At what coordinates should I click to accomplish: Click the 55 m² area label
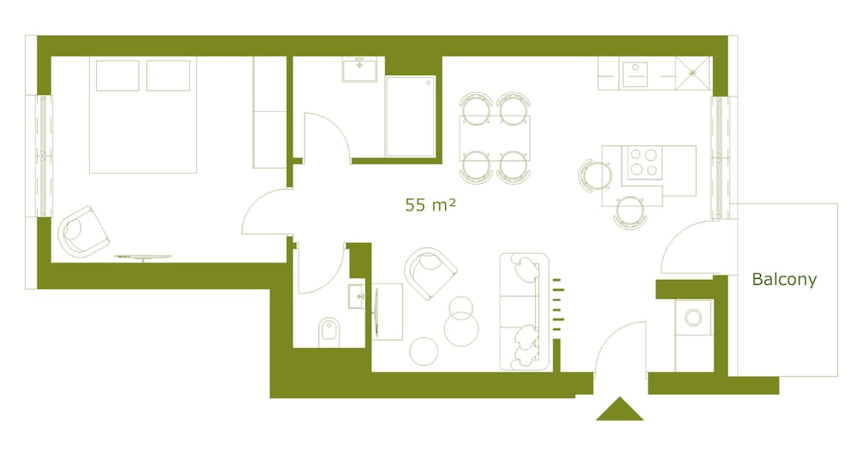[x=431, y=204]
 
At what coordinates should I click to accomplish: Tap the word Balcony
[x=784, y=280]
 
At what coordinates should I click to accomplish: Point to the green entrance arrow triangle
[x=620, y=409]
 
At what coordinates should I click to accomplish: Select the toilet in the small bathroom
[x=329, y=332]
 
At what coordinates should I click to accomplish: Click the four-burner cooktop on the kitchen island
[x=643, y=163]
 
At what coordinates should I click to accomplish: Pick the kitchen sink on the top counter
[x=635, y=74]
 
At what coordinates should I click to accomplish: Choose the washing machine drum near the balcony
[x=693, y=317]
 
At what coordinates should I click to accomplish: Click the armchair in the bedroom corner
[x=83, y=232]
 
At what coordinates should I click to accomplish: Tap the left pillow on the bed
[x=117, y=75]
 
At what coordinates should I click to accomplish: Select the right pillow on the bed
[x=168, y=75]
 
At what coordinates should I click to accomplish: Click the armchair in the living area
[x=431, y=273]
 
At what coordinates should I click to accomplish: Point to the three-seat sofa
[x=524, y=311]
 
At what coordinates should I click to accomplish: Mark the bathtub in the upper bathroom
[x=410, y=116]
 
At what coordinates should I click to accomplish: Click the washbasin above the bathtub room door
[x=360, y=70]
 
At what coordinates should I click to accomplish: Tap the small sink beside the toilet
[x=356, y=296]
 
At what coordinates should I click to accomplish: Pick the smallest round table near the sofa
[x=424, y=351]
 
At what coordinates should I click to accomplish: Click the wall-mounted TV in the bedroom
[x=142, y=257]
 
